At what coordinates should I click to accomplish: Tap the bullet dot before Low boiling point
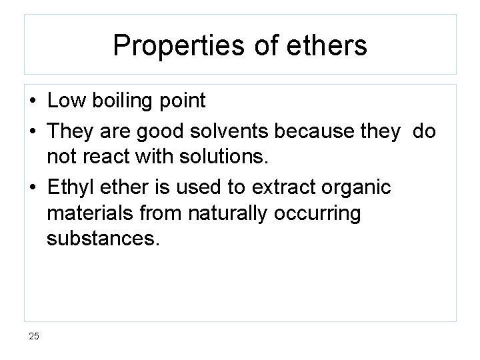(33, 102)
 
